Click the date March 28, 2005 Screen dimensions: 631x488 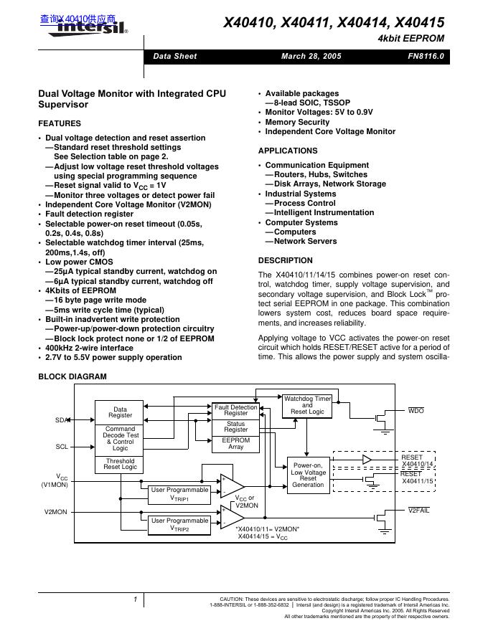pos(311,56)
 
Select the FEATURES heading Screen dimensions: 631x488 pos(60,123)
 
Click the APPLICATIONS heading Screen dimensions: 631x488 pos(288,151)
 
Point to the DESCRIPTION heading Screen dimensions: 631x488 pos(286,260)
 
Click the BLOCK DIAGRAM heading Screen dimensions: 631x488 pos(72,376)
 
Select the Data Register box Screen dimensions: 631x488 pos(120,412)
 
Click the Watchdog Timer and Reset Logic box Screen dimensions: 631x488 pos(307,405)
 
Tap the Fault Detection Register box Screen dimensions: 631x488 pos(236,410)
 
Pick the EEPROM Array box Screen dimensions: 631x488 pos(236,443)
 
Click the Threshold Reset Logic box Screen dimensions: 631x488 pos(120,464)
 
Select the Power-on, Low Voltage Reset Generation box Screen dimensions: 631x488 pos(308,475)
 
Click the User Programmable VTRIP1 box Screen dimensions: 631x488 pos(179,493)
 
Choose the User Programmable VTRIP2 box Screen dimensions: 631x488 pos(179,525)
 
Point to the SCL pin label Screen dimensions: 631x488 pos(62,447)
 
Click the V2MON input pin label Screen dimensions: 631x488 pos(55,511)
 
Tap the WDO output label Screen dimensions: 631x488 pos(416,411)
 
